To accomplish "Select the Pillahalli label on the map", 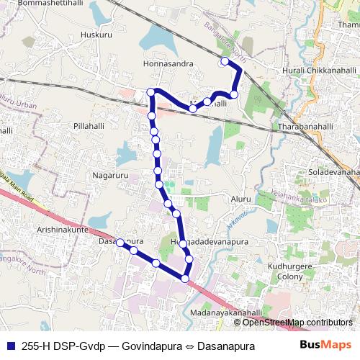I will (x=90, y=125).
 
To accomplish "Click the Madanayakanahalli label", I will (x=226, y=313).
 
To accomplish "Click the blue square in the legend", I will (x=12, y=345).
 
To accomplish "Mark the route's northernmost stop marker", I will (x=225, y=62).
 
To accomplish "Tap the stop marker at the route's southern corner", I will (x=185, y=278).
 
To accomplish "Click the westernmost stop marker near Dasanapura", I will (x=120, y=242).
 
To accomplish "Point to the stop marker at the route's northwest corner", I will (x=151, y=91).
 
